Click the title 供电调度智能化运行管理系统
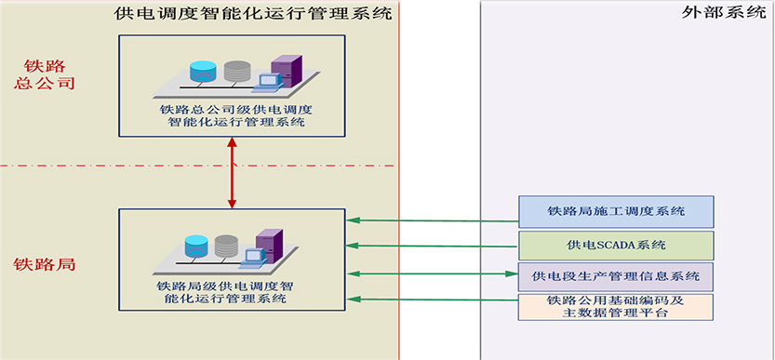click(x=252, y=12)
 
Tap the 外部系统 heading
click(x=724, y=13)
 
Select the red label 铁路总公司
click(x=45, y=74)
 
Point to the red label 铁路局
click(x=44, y=264)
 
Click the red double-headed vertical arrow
click(x=232, y=173)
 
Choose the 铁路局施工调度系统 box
click(x=616, y=212)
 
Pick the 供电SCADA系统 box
click(x=616, y=246)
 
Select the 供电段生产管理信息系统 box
click(x=616, y=276)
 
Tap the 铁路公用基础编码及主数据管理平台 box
click(x=616, y=307)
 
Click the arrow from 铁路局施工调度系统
click(x=433, y=220)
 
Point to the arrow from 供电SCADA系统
click(x=433, y=246)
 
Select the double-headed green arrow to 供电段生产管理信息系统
click(x=433, y=273)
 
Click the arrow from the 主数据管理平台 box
click(x=433, y=300)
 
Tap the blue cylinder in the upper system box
click(x=203, y=72)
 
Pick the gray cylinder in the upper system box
click(x=237, y=72)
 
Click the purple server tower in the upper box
click(x=287, y=72)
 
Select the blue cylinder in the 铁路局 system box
click(x=196, y=247)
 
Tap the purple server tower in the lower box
click(x=270, y=246)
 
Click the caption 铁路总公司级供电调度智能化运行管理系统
click(x=232, y=115)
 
